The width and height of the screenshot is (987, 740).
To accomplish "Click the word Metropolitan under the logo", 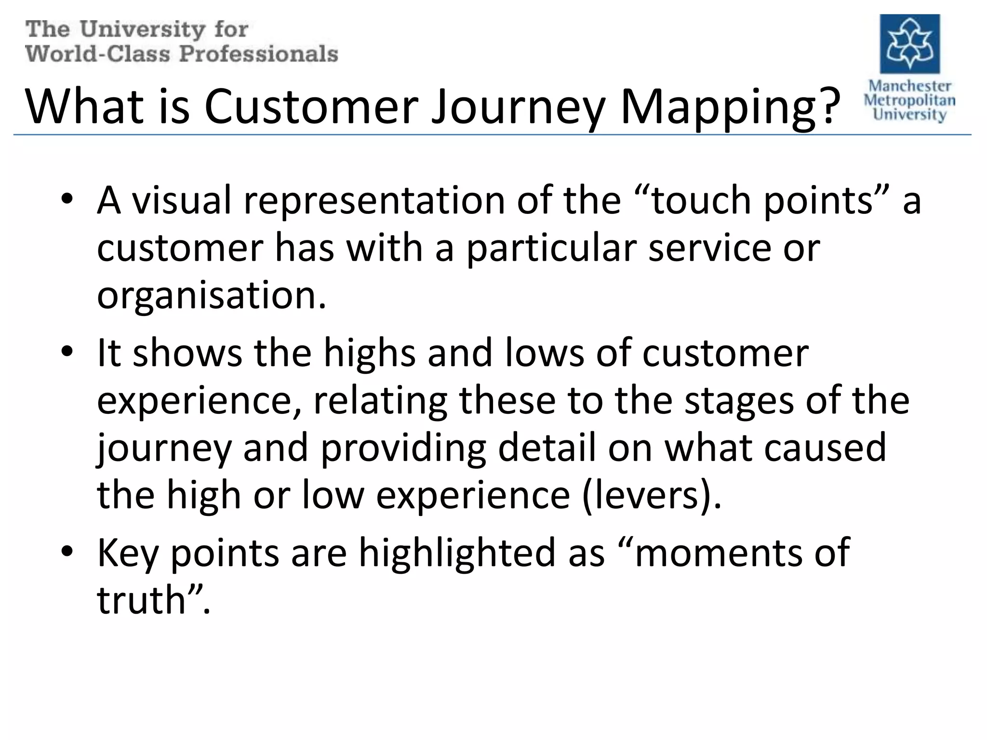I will pos(909,100).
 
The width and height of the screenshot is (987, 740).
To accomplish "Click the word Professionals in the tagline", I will pos(259,53).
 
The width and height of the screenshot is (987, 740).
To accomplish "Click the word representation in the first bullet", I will pos(374,200).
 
